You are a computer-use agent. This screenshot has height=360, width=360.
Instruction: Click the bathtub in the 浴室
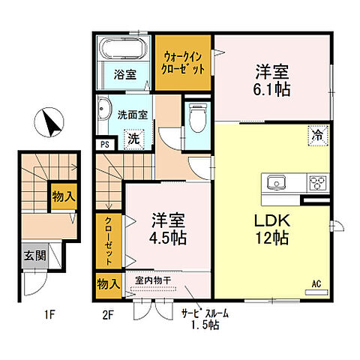pos(123,49)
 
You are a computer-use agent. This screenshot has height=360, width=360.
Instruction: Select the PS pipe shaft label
pos(105,145)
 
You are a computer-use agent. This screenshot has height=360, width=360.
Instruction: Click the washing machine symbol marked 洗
pos(134,139)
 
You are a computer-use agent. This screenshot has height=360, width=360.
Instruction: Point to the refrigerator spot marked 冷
pos(318,136)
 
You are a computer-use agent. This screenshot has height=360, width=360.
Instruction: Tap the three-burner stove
pos(317,183)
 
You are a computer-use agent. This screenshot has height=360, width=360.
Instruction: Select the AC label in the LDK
pos(316,284)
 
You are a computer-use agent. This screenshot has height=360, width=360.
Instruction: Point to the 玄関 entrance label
pos(35,256)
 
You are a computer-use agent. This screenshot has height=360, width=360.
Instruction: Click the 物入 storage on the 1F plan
pos(64,196)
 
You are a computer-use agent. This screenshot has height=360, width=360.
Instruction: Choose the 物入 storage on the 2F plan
pos(109,285)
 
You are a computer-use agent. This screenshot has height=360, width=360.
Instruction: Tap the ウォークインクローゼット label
pos(183,62)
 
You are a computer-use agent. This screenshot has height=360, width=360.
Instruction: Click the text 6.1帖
pos(271,90)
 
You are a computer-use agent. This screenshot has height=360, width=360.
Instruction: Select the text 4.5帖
pos(168,238)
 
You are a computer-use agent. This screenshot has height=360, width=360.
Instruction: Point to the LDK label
pos(272,220)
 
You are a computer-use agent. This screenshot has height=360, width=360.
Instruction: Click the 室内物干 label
pos(153,280)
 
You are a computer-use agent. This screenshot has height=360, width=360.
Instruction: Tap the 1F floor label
pos(49,315)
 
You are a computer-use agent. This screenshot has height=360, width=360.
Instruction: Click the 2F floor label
pos(108,315)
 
